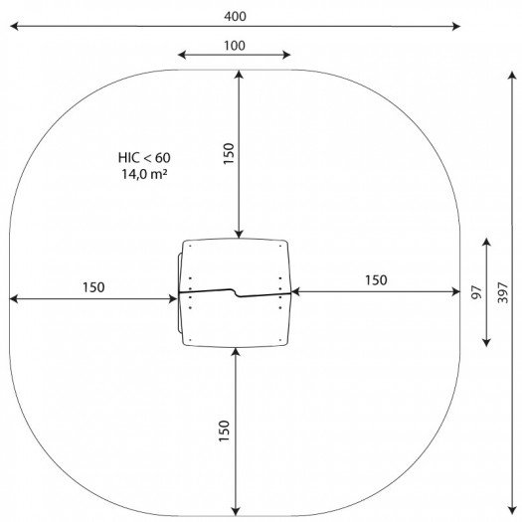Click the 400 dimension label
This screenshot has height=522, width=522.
(x=235, y=16)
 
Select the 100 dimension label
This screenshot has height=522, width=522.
(x=235, y=46)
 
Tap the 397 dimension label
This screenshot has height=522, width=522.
(x=503, y=292)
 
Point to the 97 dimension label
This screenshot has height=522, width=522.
(x=476, y=292)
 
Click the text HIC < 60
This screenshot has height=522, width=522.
(x=144, y=158)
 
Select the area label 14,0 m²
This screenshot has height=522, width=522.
(x=144, y=174)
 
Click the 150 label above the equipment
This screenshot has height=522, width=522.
(x=229, y=153)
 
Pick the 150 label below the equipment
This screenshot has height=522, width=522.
(x=224, y=431)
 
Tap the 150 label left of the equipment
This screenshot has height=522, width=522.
(x=93, y=287)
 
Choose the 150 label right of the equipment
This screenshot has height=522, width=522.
(x=376, y=280)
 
